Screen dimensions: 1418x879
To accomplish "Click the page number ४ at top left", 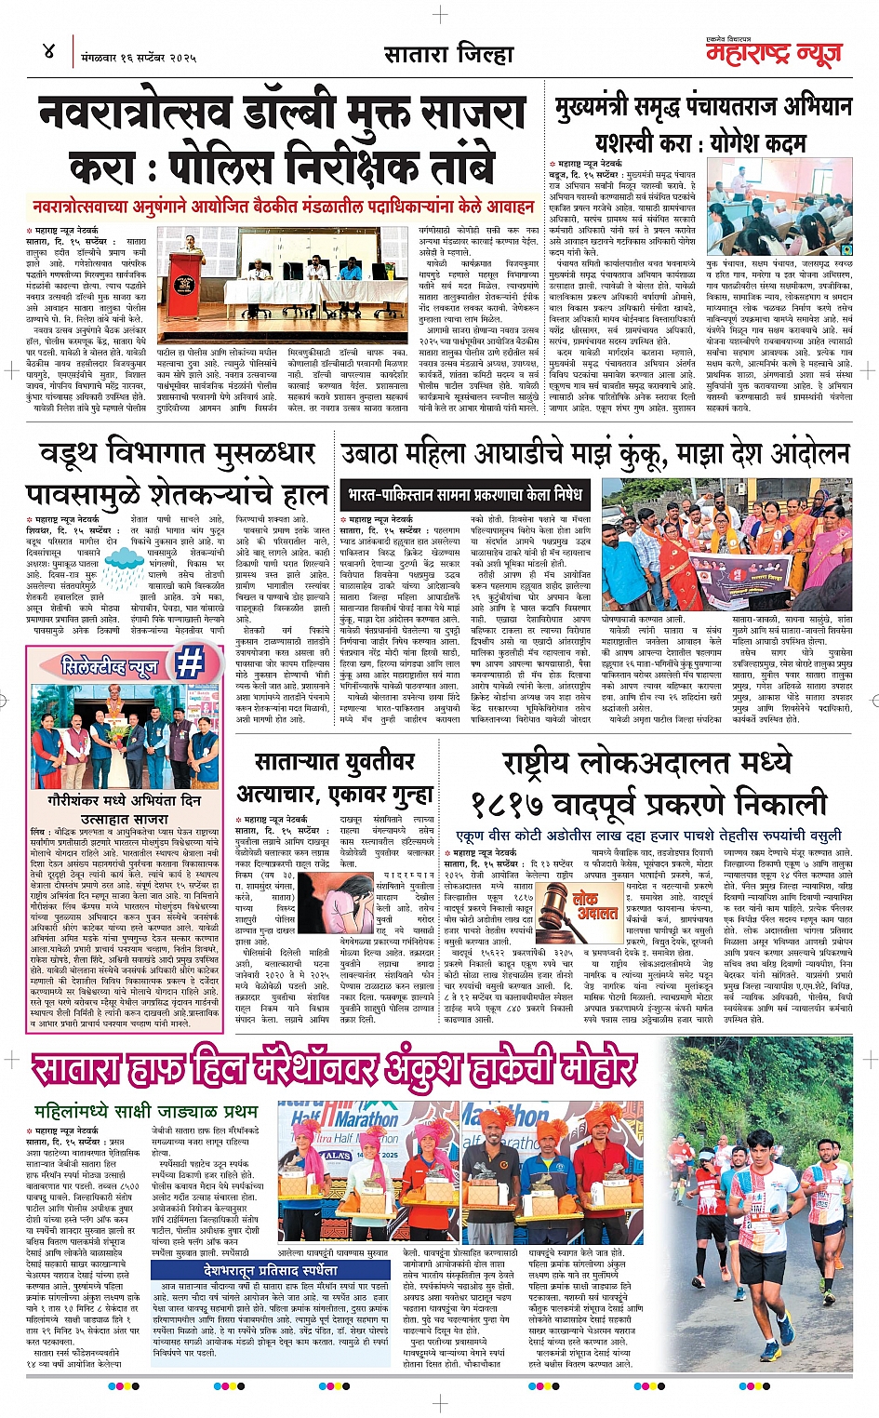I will [x=49, y=52].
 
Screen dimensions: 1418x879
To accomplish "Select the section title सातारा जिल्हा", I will [x=449, y=55].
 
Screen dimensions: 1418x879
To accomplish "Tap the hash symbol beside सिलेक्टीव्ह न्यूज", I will [x=189, y=662].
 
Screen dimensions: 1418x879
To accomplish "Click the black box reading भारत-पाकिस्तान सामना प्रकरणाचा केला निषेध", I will [x=464, y=494].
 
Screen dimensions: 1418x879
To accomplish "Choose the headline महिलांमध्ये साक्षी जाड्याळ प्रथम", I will [x=146, y=1111].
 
